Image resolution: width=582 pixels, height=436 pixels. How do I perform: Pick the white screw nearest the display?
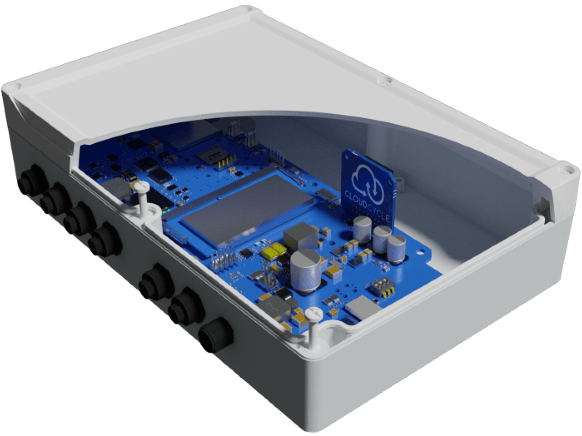pos(142,189)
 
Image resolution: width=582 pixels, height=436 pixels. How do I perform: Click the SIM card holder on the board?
pos(207,155)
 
